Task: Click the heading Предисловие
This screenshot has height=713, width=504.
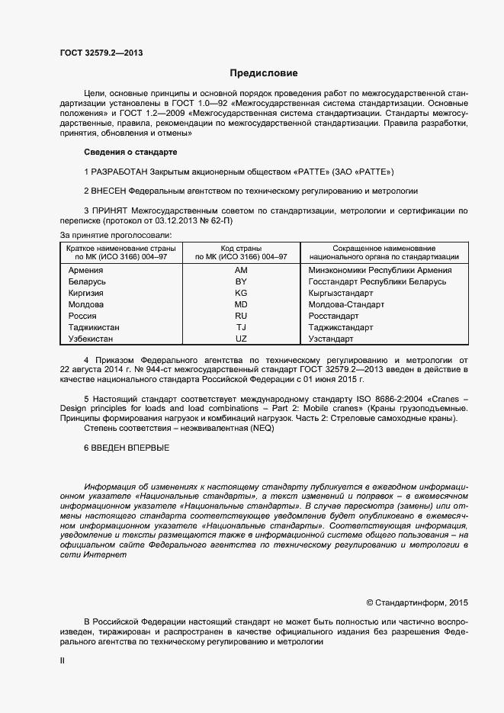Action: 264,74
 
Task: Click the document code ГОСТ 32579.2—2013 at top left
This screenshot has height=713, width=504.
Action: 101,53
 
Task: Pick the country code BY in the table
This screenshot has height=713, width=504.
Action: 241,281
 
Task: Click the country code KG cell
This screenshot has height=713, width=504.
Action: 241,293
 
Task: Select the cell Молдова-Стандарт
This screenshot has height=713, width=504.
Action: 345,304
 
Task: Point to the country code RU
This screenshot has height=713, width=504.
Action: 241,316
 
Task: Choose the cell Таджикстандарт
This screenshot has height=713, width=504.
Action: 341,327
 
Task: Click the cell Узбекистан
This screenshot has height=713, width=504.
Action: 91,339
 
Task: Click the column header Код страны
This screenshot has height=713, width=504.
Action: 241,249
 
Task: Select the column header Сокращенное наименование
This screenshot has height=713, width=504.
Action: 384,249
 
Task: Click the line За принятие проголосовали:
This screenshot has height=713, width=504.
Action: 116,234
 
